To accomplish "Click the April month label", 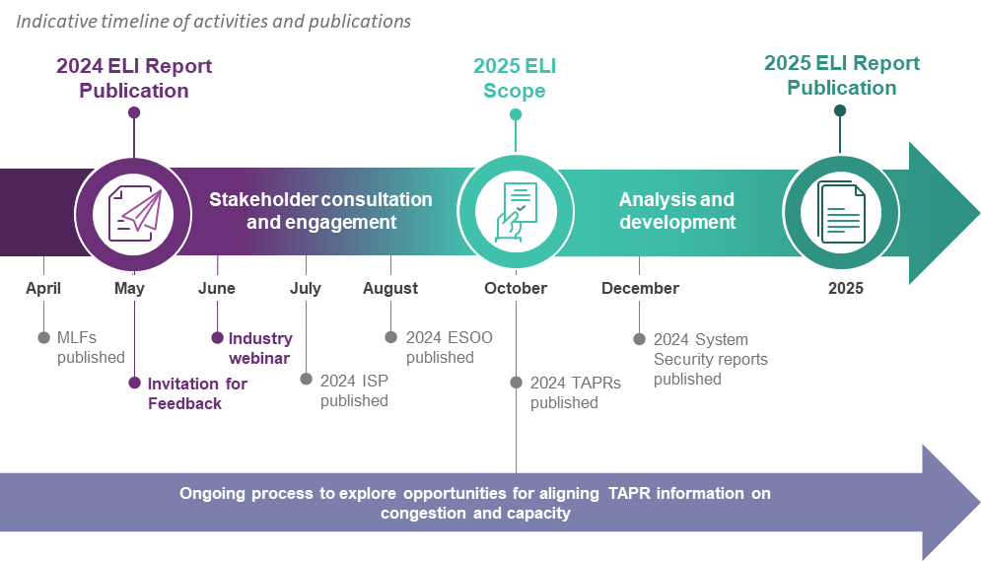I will (43, 288).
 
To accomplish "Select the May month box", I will (129, 288).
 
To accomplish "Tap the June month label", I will (217, 288).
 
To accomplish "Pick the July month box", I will (306, 288).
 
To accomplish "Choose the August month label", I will (390, 288).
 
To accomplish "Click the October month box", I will (516, 288).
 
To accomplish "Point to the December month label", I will (640, 288).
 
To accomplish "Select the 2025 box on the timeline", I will (846, 288).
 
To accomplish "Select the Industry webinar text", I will (259, 348).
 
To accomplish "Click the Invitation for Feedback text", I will (197, 393).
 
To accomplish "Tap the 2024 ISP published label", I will (354, 390).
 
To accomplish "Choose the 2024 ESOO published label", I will (449, 347).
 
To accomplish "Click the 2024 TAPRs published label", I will (575, 392).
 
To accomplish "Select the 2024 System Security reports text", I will (710, 359).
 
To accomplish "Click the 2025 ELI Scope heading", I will (515, 79).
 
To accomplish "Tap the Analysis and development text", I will (676, 211).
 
